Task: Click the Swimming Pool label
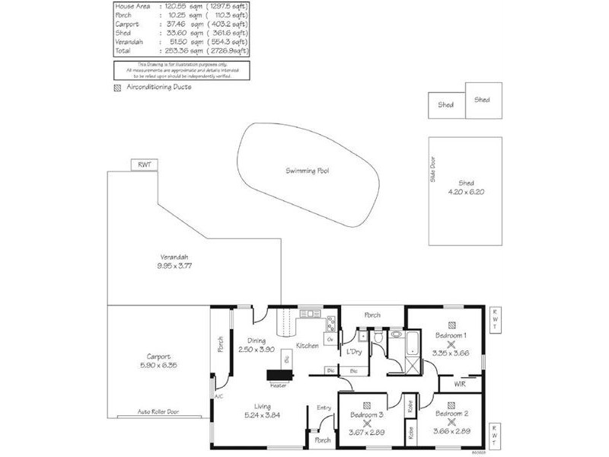[308, 171]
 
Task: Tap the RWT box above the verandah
[143, 165]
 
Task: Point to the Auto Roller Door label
[159, 411]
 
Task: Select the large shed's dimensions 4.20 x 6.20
[466, 192]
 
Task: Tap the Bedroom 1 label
[451, 335]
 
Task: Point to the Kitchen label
[307, 346]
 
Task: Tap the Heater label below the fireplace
[278, 385]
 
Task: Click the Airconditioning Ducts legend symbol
[116, 88]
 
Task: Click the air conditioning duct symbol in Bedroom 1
[451, 323]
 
